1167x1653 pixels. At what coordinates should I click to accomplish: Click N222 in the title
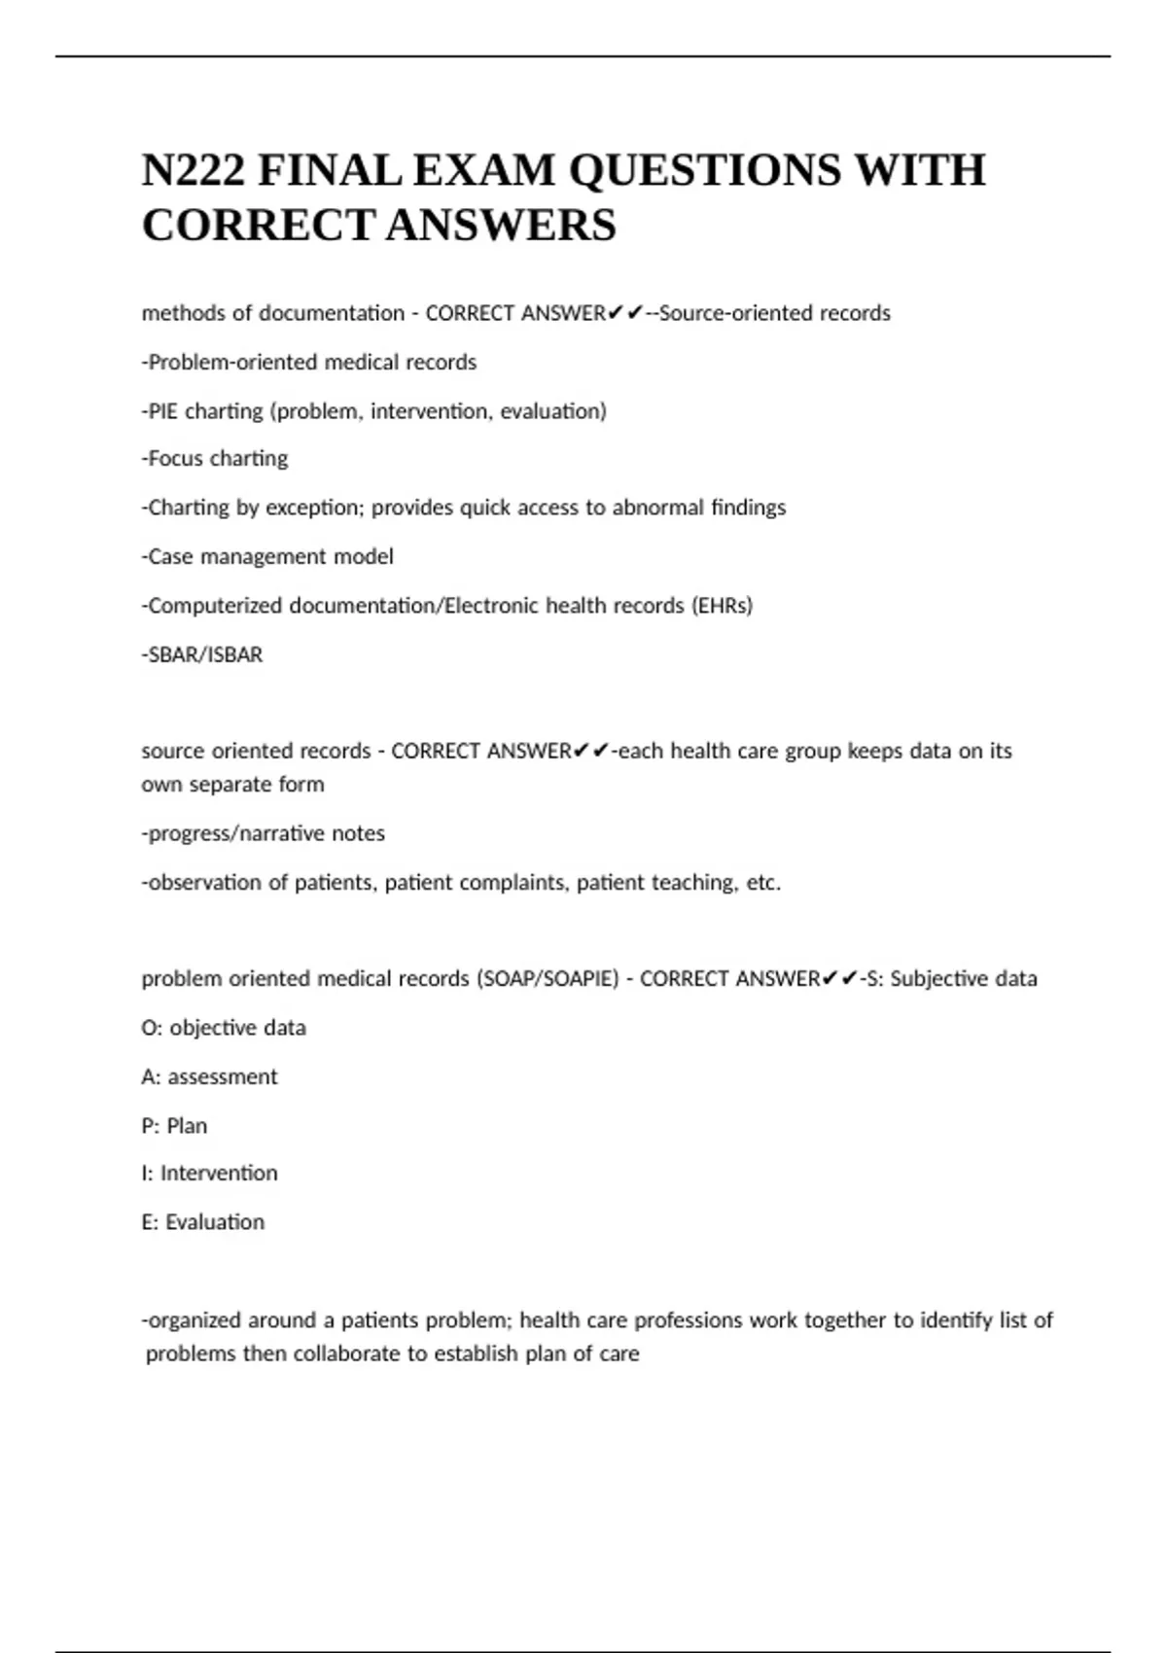coord(194,171)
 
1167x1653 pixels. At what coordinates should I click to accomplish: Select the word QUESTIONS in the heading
coord(704,171)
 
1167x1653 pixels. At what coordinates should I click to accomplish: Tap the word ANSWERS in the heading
coord(501,226)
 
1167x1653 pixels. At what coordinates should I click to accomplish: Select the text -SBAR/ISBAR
coord(202,655)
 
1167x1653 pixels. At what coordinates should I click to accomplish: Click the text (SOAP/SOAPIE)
coord(547,979)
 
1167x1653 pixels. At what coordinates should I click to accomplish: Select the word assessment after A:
coord(223,1077)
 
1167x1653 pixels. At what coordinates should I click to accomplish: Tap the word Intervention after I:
coord(219,1174)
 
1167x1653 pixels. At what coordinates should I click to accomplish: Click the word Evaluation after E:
coord(215,1222)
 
